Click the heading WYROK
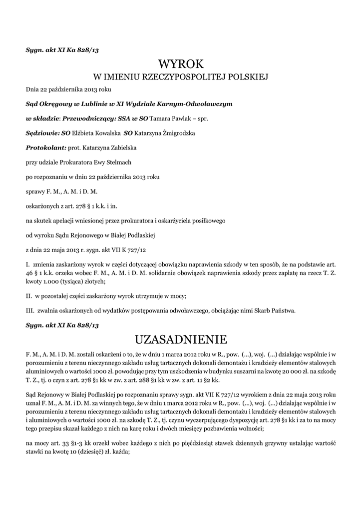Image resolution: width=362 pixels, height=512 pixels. tap(181, 64)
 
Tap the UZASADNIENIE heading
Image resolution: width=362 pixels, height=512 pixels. tap(181, 340)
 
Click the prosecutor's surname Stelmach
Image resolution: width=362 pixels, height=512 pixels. tap(118, 162)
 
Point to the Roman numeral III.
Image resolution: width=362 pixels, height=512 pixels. tap(29, 310)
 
